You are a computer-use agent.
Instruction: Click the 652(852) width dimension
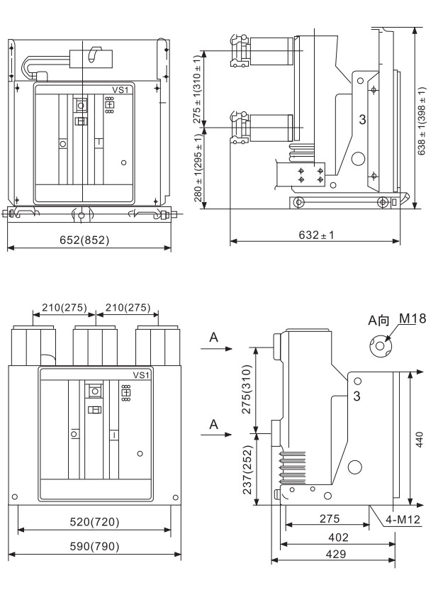point(89,239)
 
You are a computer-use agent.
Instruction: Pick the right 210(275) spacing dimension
point(127,308)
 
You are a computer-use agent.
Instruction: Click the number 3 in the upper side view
point(362,119)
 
